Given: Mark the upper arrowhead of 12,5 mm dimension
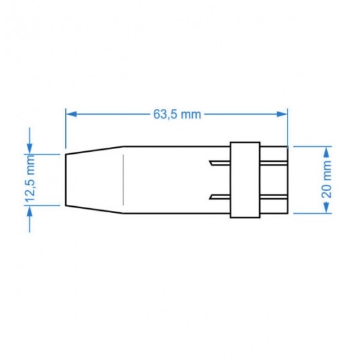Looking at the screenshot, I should pyautogui.click(x=29, y=149).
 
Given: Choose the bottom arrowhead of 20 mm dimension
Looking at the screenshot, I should pyautogui.click(x=326, y=211).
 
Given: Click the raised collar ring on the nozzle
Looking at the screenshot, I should pyautogui.click(x=245, y=180).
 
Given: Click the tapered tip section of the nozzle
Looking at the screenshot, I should pyautogui.click(x=94, y=180).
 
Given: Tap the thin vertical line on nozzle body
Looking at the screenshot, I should pyautogui.click(x=123, y=180).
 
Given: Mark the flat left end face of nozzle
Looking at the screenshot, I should pyautogui.click(x=66, y=180).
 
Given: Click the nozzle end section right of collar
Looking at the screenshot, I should pyautogui.click(x=273, y=180).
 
